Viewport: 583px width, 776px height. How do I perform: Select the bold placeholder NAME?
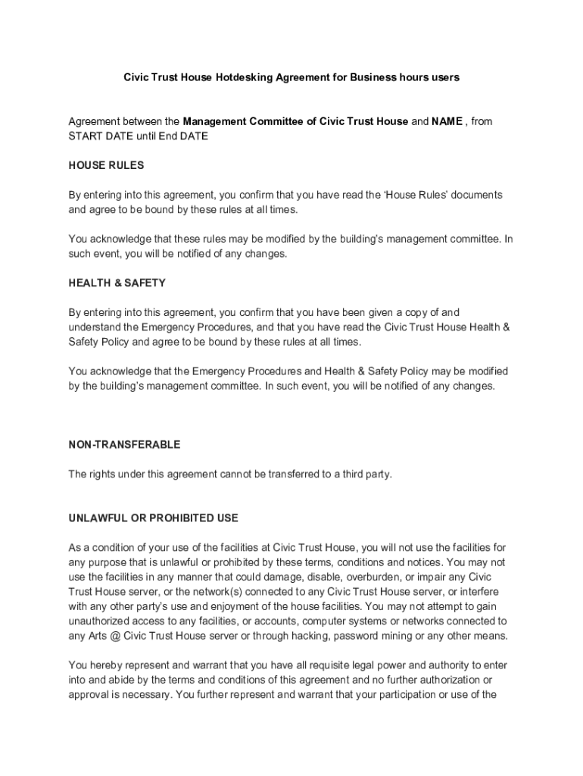[447, 121]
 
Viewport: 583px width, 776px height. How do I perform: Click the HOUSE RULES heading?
[106, 165]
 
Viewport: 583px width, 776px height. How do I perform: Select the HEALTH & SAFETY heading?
[117, 283]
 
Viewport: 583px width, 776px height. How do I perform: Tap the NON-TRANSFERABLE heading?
[124, 445]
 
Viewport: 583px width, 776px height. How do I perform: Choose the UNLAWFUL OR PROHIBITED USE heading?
[154, 518]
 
